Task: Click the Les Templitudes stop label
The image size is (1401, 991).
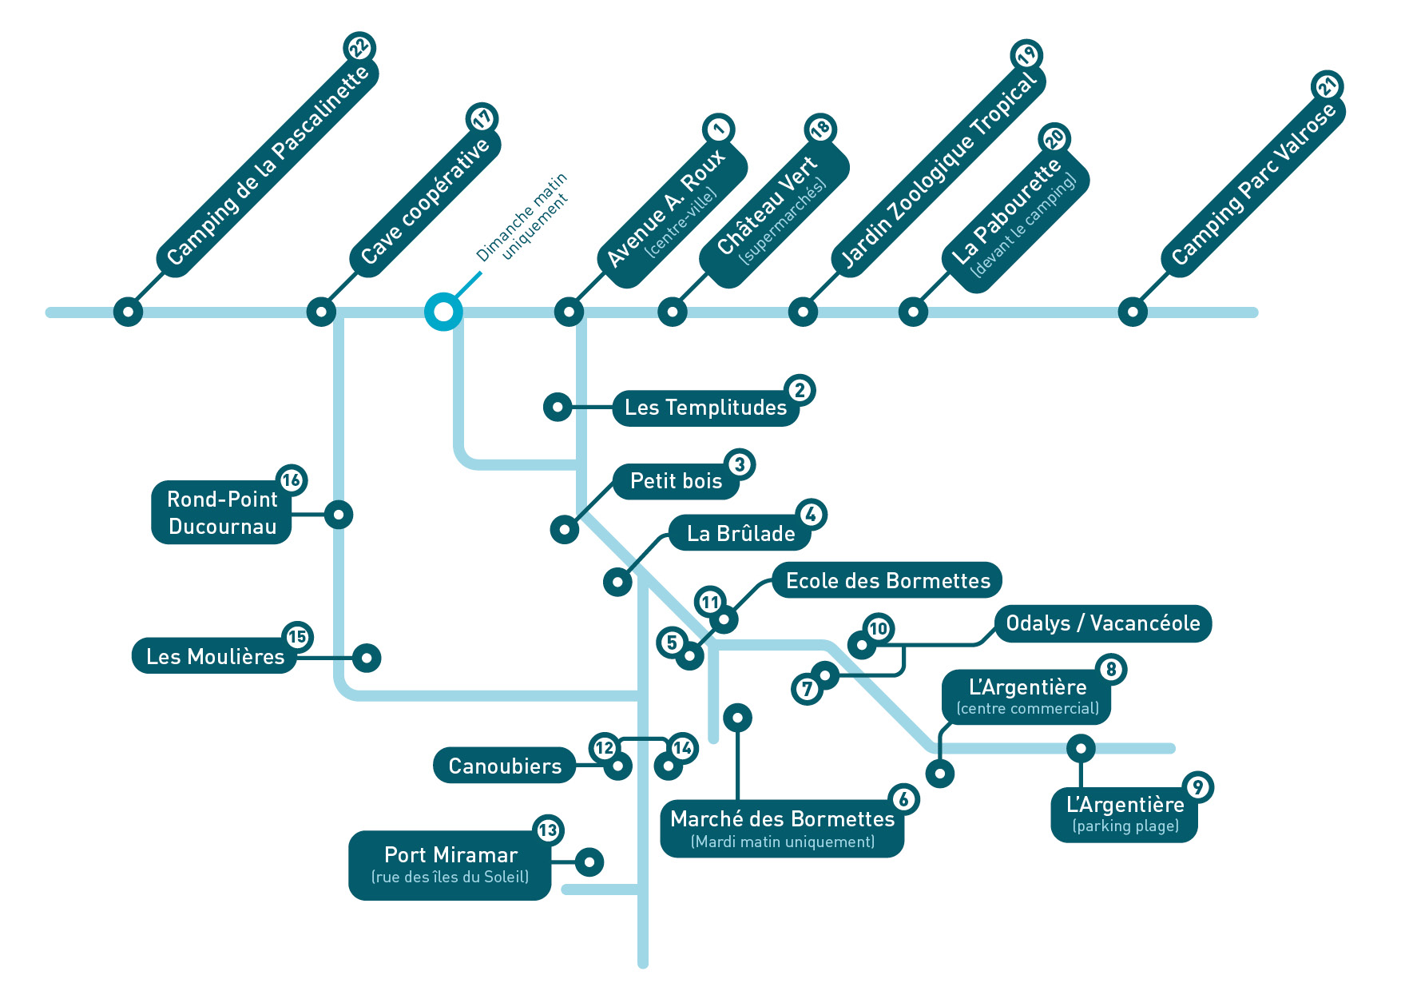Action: [706, 408]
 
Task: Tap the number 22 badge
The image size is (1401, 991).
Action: [359, 47]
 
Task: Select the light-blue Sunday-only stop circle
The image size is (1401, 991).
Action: [443, 312]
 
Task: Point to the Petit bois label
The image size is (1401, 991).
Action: [676, 481]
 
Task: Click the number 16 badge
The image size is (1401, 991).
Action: [292, 480]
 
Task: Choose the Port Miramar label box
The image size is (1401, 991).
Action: [450, 866]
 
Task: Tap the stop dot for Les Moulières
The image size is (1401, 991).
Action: [367, 658]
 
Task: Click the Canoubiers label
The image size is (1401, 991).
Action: [505, 766]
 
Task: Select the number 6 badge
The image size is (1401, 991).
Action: [903, 799]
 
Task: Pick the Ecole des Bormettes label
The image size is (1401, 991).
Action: [887, 581]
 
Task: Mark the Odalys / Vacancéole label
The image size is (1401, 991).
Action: [1103, 623]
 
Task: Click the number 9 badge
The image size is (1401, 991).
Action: [1197, 787]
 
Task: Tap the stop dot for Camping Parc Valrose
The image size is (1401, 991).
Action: [1133, 312]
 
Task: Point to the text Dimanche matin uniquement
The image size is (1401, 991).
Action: [522, 217]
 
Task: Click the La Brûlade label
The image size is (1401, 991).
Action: [740, 533]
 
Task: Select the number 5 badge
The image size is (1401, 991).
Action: [672, 643]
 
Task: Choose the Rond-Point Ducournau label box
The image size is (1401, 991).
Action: [222, 512]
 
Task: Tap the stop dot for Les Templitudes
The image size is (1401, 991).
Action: [558, 407]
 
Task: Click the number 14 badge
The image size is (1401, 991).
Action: [682, 748]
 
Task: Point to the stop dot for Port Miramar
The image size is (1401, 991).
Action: [589, 862]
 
